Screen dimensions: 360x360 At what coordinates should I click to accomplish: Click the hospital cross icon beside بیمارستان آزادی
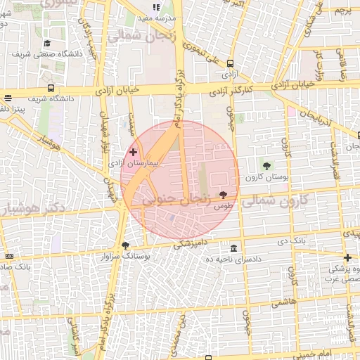point(133,152)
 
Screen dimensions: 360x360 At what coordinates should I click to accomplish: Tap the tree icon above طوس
point(224,194)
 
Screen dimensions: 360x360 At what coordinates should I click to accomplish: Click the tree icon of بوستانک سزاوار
point(126,245)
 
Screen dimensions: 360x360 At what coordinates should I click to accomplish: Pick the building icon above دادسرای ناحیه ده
point(233,248)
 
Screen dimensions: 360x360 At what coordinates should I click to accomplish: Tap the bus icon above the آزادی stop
point(231,61)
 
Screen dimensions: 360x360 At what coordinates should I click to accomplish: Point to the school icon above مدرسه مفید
point(156,7)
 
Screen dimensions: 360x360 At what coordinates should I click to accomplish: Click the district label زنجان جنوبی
point(176,200)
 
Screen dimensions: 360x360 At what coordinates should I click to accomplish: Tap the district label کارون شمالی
point(276,201)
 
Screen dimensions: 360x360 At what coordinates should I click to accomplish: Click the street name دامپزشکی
point(191,244)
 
